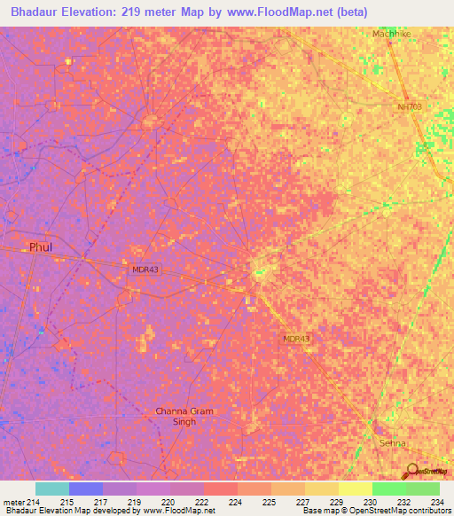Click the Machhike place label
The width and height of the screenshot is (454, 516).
[393, 34]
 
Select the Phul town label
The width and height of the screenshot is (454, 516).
[42, 246]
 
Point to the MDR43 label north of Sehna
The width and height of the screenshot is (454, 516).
[297, 339]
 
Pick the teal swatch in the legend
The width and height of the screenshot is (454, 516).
[52, 489]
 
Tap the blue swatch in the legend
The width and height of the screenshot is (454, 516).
[86, 489]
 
